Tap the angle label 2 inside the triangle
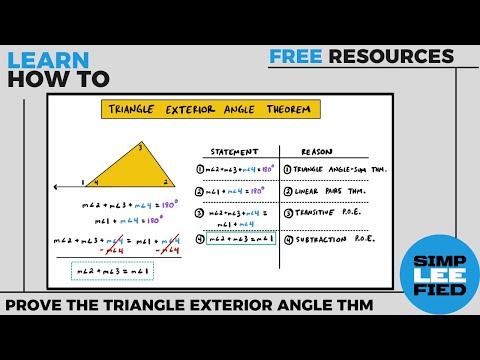tap(166, 182)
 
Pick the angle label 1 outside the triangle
tap(85, 183)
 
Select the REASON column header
tap(317, 152)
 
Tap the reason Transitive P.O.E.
tap(321, 214)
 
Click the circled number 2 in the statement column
tap(200, 191)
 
